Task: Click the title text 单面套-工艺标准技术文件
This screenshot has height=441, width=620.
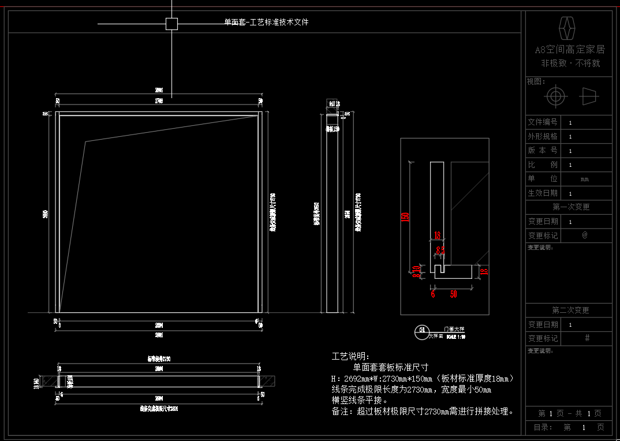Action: pos(266,23)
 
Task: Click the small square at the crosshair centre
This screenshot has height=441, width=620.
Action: pos(171,24)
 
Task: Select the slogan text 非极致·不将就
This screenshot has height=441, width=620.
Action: pos(570,63)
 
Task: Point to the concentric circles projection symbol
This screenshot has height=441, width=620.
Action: pos(555,96)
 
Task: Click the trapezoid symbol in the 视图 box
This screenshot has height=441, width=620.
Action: pos(589,96)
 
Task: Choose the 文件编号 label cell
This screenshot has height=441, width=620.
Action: pos(543,122)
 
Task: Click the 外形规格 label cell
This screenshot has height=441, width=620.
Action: pos(543,137)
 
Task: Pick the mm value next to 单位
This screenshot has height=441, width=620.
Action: pos(585,180)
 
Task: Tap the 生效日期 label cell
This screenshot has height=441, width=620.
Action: pos(543,193)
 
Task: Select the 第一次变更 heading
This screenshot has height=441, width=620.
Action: pos(570,207)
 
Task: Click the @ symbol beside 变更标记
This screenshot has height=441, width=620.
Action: pos(585,236)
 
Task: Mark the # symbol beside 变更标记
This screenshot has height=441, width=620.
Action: pos(587,338)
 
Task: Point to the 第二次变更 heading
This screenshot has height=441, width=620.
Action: pos(570,311)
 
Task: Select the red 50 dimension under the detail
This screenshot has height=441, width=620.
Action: pos(453,294)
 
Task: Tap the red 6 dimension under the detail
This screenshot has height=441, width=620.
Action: pos(432,294)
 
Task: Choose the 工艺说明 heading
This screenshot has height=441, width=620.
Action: pos(350,356)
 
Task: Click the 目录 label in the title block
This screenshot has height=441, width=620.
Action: pos(543,428)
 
